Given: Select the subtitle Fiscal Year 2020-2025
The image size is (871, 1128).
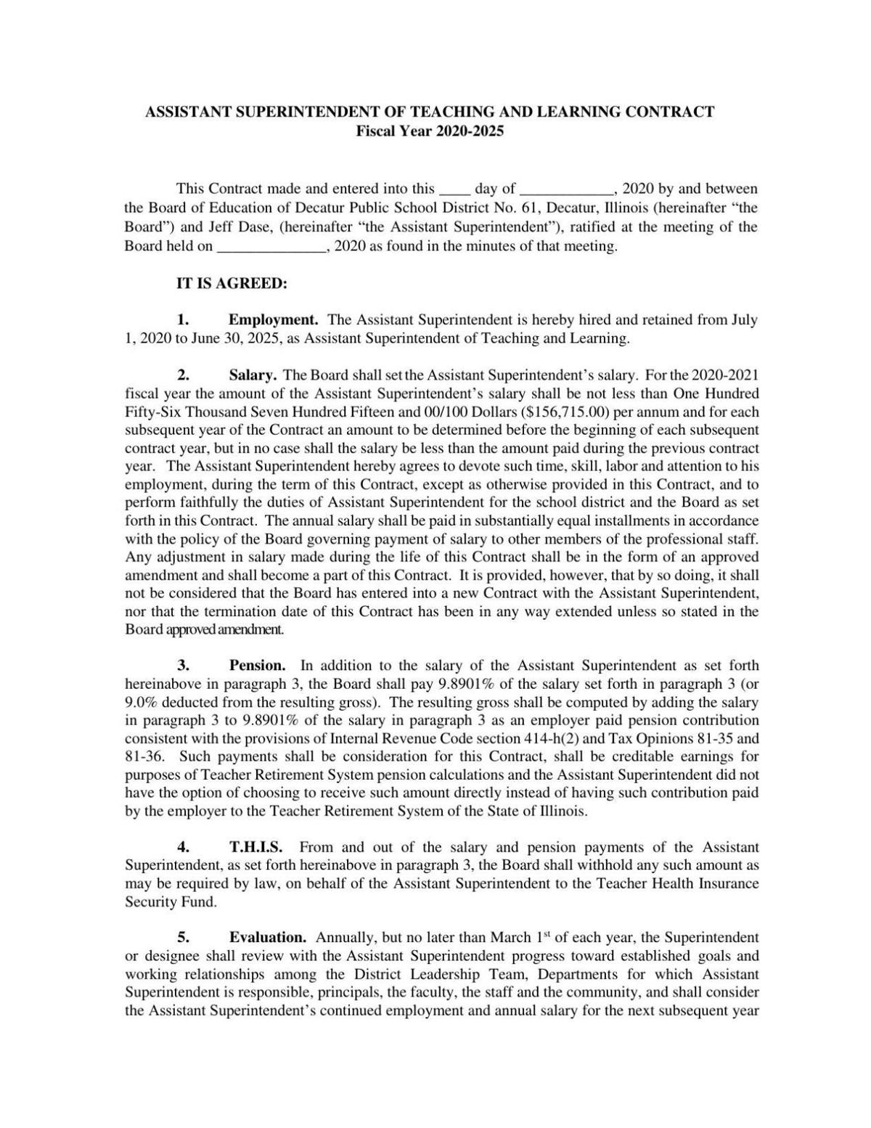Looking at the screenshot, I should click(x=430, y=131).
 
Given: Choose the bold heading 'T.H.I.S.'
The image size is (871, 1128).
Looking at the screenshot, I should click(x=255, y=847).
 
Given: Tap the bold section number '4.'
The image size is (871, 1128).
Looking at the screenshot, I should click(x=184, y=847).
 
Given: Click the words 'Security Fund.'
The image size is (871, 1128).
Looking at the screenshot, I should click(x=171, y=902).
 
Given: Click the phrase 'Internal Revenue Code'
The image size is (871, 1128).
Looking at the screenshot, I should click(x=396, y=739).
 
